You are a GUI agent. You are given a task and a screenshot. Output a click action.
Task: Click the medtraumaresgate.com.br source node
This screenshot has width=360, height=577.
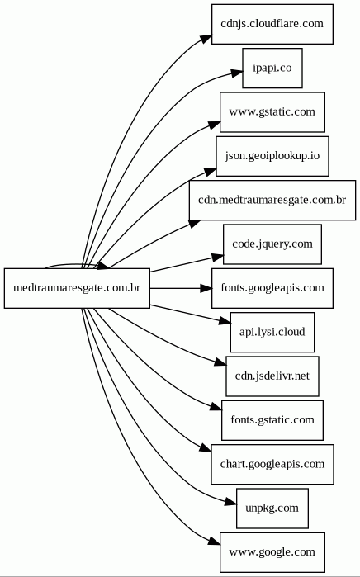pos(77,288)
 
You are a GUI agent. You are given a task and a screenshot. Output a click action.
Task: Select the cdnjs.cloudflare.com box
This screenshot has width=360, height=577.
pos(272,24)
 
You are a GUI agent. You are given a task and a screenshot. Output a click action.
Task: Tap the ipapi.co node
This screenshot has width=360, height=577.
pos(272,68)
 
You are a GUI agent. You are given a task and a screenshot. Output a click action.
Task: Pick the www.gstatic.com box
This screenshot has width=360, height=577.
pos(272,112)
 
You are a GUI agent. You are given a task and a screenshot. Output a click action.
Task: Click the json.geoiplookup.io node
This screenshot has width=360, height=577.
pos(272,156)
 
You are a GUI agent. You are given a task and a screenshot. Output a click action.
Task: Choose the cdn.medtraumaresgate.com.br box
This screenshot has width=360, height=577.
pos(272,201)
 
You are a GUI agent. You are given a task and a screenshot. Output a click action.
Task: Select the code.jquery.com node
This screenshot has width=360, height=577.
pos(272,244)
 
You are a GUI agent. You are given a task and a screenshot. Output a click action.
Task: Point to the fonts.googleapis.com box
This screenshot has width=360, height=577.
pos(272,288)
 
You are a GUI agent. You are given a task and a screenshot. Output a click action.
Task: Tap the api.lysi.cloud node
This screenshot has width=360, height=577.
pos(272,333)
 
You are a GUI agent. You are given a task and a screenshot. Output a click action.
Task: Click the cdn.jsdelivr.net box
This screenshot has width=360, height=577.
pos(272,376)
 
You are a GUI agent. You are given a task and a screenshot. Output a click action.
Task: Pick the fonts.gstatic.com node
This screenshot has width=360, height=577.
pos(272,420)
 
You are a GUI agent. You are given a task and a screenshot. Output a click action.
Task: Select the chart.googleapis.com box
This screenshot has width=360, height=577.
pos(272,464)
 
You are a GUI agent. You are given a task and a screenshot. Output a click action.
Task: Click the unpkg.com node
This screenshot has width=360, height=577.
pos(272,508)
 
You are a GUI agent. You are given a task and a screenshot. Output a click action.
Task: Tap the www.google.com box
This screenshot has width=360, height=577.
pos(272,552)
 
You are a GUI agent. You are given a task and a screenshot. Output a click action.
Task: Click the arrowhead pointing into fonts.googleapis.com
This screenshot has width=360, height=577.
pos(206,288)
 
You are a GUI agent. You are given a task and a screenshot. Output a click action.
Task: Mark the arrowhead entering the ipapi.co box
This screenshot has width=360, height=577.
pos(237,73)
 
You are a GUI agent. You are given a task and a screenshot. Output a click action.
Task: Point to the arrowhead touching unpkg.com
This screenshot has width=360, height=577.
pos(231,502)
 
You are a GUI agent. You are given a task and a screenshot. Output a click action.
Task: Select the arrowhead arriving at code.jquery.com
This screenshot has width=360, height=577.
pos(218,258)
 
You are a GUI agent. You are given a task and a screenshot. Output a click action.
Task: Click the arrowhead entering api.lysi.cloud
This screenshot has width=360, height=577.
pos(225,321)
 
